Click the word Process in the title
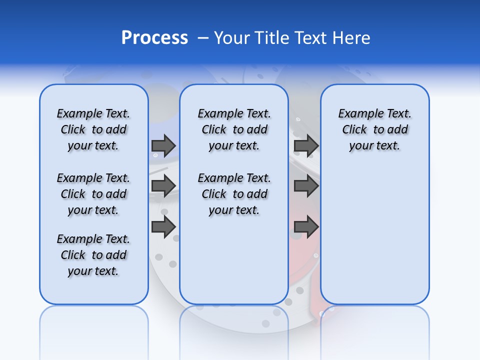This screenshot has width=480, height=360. (154, 38)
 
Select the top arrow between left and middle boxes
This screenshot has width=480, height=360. (163, 145)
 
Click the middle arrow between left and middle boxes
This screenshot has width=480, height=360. (163, 186)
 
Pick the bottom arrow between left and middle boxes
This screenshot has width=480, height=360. (163, 226)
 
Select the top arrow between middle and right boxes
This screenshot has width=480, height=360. (306, 145)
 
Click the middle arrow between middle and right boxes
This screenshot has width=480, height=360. (306, 186)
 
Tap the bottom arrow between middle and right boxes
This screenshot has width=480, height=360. (306, 226)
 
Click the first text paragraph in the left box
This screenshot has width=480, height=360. (93, 129)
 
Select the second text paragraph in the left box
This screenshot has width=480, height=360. (93, 194)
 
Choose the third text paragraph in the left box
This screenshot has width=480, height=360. (93, 255)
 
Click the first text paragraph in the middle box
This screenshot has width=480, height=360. (234, 129)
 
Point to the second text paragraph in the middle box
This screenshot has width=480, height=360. (234, 194)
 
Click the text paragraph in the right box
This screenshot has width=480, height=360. (374, 129)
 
